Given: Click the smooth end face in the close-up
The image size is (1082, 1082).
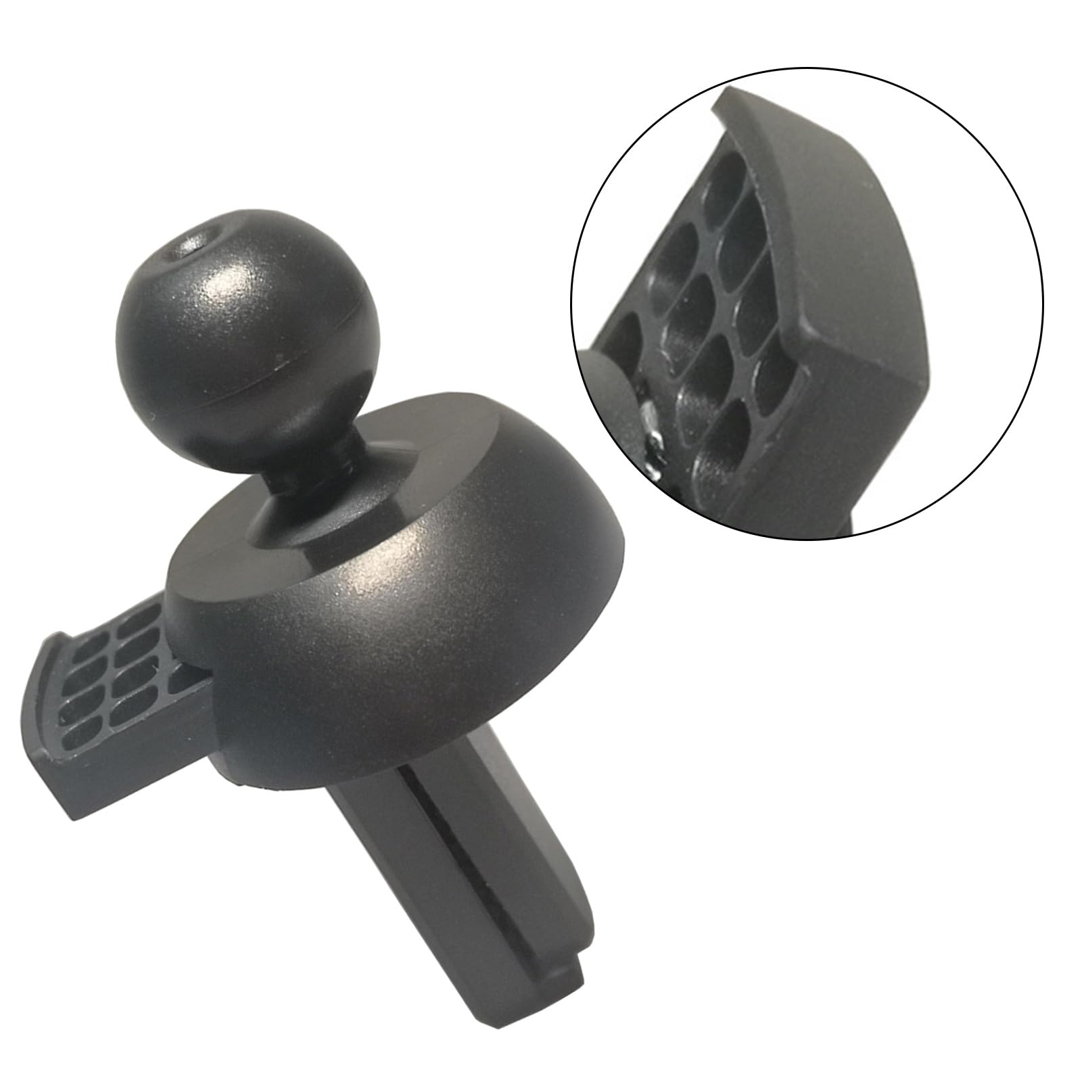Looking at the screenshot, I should click(879, 379).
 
